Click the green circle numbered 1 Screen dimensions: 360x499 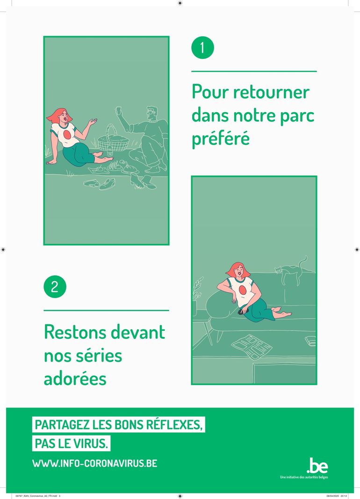coord(202,47)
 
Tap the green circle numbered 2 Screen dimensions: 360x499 coord(55,286)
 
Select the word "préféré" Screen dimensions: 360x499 coord(221,138)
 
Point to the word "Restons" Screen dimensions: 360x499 coord(76,332)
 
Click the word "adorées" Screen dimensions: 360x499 coord(75,379)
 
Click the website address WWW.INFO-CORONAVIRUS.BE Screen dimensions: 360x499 coord(94,463)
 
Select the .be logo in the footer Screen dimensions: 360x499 coord(317,465)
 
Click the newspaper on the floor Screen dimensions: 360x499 coord(252,346)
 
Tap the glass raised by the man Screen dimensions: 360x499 coord(119,110)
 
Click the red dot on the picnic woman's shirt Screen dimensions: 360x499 coord(67,135)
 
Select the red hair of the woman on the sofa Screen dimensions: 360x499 coord(238,269)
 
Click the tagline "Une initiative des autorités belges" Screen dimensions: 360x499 coord(304,477)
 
